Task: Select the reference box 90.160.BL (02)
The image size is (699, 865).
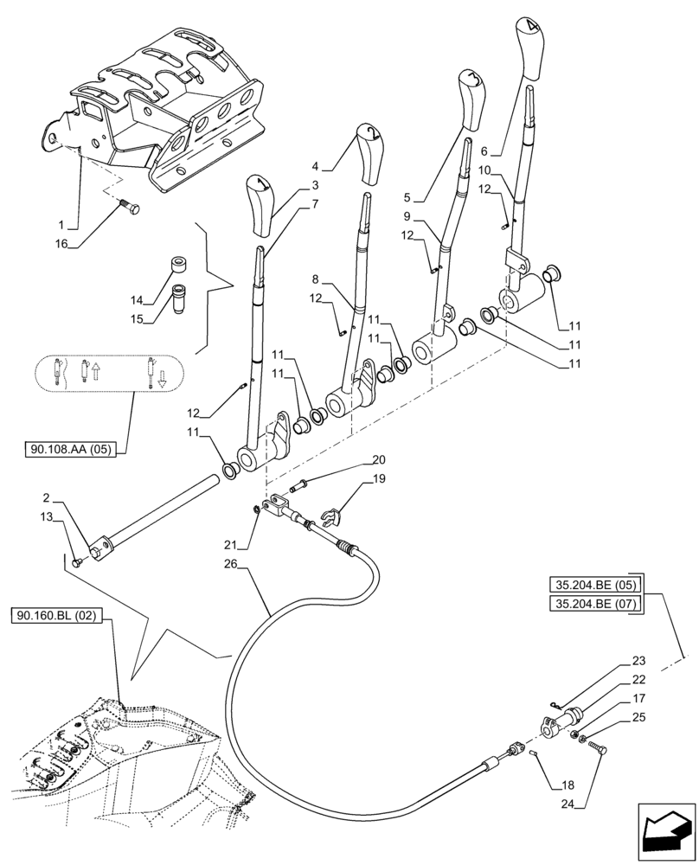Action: pos(58,616)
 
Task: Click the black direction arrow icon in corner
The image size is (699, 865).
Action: pos(667,832)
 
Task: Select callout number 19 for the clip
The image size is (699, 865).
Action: pos(379,478)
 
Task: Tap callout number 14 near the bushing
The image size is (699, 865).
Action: pos(137,300)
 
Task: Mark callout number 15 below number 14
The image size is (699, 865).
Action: pos(137,318)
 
